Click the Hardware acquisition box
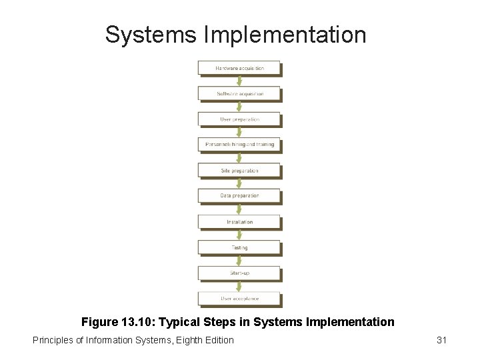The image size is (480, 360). pyautogui.click(x=239, y=68)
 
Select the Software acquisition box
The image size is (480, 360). pyautogui.click(x=239, y=93)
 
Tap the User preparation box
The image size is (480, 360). pyautogui.click(x=239, y=119)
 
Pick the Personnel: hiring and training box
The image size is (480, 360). pyautogui.click(x=239, y=145)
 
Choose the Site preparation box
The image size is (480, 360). pyautogui.click(x=239, y=171)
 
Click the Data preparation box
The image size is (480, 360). pyautogui.click(x=239, y=196)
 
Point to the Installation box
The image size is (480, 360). pyautogui.click(x=239, y=222)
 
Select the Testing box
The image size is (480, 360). pyautogui.click(x=239, y=247)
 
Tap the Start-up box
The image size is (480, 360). pyautogui.click(x=239, y=273)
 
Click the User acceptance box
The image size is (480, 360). pyautogui.click(x=239, y=298)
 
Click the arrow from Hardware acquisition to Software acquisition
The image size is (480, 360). pyautogui.click(x=239, y=81)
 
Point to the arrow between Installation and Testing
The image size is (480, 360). pyautogui.click(x=239, y=235)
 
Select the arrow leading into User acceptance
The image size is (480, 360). pyautogui.click(x=239, y=285)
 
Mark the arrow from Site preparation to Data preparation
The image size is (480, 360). pyautogui.click(x=239, y=183)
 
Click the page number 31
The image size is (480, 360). pyautogui.click(x=441, y=340)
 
